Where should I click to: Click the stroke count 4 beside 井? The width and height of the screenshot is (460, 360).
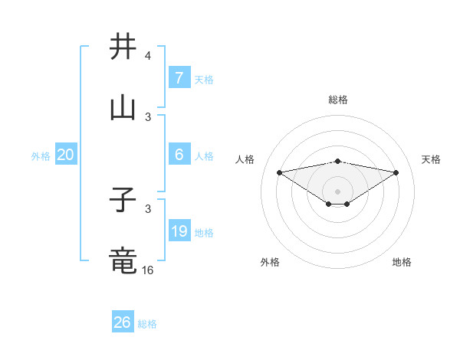coord(147,57)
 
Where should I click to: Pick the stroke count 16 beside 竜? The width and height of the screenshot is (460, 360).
coord(148,270)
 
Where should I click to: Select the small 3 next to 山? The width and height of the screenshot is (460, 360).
coord(148,117)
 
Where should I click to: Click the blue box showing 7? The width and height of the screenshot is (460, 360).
coord(179,78)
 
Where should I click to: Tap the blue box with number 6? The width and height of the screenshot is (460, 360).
coord(179,155)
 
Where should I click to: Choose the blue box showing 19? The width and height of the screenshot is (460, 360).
coord(179,231)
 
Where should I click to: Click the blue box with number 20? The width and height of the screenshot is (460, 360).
coord(65,155)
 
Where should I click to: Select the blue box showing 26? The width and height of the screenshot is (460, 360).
coord(122,322)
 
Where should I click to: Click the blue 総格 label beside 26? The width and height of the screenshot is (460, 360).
coord(147,324)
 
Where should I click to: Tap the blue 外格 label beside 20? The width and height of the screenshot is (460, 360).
coord(41,156)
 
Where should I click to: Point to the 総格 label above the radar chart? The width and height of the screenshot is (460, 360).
coord(338,100)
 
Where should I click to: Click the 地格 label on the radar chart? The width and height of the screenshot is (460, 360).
coord(402,262)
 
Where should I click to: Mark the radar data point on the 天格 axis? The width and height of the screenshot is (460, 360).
coord(396,172)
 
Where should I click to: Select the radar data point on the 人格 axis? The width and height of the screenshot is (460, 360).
coord(279,172)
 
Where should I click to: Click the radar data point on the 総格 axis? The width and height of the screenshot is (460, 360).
coord(338,161)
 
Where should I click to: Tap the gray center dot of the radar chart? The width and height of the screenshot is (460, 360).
coord(338,191)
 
